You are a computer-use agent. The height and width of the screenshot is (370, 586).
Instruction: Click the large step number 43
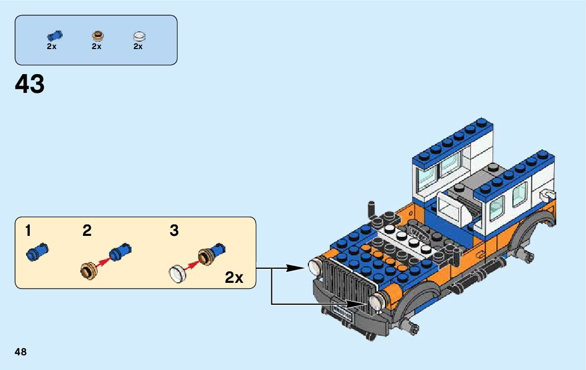30,83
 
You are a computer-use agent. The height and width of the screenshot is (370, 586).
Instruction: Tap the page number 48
21,352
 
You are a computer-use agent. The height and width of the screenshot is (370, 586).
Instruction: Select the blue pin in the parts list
54,35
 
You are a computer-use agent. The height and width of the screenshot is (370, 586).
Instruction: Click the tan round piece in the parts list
98,35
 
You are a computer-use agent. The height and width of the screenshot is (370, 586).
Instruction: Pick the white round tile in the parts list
139,36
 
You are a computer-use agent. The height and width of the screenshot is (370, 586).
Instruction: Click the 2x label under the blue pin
52,46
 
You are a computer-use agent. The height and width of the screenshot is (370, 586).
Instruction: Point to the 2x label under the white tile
138,46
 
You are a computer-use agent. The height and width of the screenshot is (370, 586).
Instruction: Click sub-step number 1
28,230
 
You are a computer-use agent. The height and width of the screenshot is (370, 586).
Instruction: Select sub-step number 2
87,230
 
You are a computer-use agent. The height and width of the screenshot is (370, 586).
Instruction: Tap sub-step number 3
174,230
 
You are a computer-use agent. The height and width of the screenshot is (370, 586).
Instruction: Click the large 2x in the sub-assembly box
234,278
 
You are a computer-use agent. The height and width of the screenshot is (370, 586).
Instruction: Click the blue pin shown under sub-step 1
37,252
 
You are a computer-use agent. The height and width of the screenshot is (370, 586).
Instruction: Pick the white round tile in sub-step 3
177,273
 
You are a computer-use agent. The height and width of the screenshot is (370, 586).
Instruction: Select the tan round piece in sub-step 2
88,270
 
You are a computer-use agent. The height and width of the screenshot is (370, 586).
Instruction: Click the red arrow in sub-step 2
103,263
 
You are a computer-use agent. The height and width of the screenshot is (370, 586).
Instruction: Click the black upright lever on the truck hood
372,209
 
